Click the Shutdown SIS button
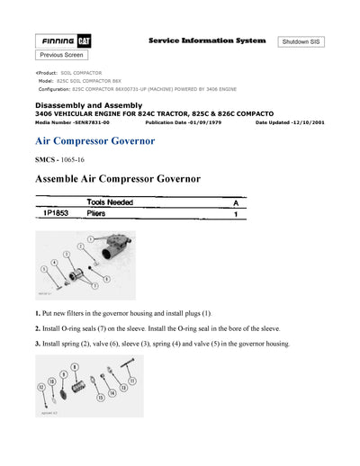click(x=306, y=42)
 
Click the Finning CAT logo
click(x=67, y=41)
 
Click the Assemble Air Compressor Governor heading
click(x=117, y=180)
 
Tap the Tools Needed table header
click(x=111, y=203)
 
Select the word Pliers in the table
click(x=96, y=215)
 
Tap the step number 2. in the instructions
click(x=38, y=328)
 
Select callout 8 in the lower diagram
click(x=74, y=366)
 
